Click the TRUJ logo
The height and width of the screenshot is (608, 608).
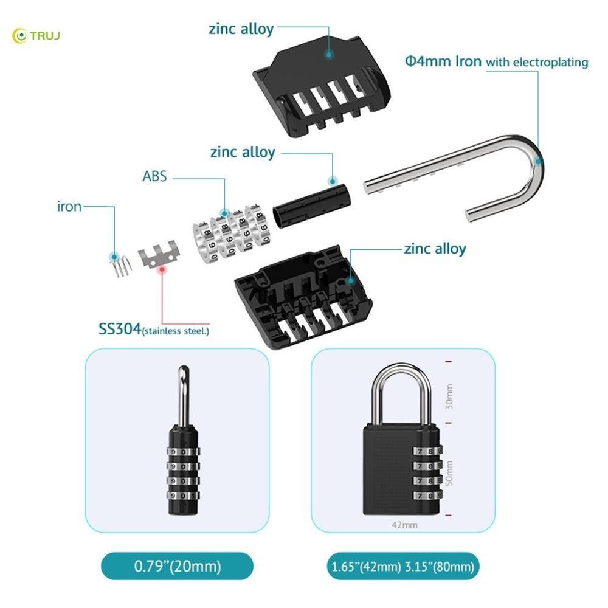[36, 36]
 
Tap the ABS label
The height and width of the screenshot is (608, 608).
[154, 176]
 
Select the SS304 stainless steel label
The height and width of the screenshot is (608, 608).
[154, 330]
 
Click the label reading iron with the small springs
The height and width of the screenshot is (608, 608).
[69, 206]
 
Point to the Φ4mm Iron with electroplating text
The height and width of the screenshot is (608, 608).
[497, 61]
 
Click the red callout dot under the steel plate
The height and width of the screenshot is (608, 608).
[162, 269]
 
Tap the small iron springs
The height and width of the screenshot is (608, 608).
[120, 266]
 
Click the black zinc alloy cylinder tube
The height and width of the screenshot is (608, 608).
[312, 206]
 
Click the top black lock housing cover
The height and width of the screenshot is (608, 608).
[322, 87]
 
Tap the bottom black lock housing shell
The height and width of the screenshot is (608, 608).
[303, 297]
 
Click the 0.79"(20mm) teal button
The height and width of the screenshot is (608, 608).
[177, 566]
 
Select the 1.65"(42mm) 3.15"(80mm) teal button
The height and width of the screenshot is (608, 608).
[403, 567]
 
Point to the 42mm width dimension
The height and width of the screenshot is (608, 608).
[404, 525]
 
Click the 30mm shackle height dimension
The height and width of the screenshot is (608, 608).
[449, 396]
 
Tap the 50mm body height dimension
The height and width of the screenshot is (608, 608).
[449, 472]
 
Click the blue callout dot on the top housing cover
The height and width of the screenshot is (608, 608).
[329, 54]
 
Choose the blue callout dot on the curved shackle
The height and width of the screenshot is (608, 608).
[538, 161]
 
